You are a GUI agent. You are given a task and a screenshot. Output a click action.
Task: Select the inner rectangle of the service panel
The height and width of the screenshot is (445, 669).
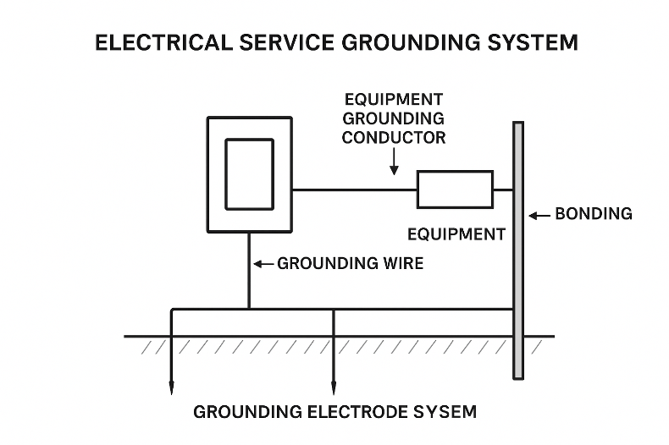point(249,174)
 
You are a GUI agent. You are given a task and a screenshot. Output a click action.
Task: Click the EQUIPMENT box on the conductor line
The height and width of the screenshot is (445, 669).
point(455,189)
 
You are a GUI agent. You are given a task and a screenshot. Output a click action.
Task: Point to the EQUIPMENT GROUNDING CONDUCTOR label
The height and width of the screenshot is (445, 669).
point(393,118)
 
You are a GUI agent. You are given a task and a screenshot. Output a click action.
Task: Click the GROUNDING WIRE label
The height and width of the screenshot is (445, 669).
point(351,264)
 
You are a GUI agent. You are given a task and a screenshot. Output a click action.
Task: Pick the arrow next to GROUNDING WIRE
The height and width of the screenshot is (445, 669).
point(263,264)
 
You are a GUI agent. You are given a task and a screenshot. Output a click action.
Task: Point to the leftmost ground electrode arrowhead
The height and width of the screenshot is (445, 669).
point(171,389)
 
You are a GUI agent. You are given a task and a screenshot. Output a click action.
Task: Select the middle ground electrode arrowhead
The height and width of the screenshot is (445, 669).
point(334,389)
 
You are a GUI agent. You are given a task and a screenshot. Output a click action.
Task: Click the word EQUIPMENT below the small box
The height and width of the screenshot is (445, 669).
point(456,234)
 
